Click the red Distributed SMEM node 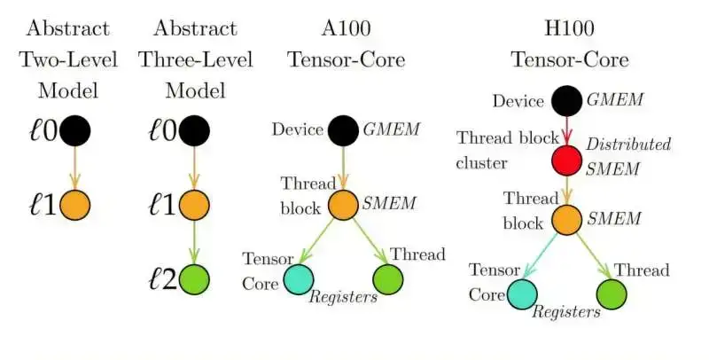[567, 161]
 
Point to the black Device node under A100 [344, 130]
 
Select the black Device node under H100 [567, 100]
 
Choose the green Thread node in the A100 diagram [387, 278]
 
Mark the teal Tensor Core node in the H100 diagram [522, 293]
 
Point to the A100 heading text [347, 29]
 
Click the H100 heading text [569, 29]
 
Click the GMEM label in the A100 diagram [391, 129]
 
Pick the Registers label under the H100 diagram [565, 312]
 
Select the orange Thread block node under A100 [344, 204]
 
